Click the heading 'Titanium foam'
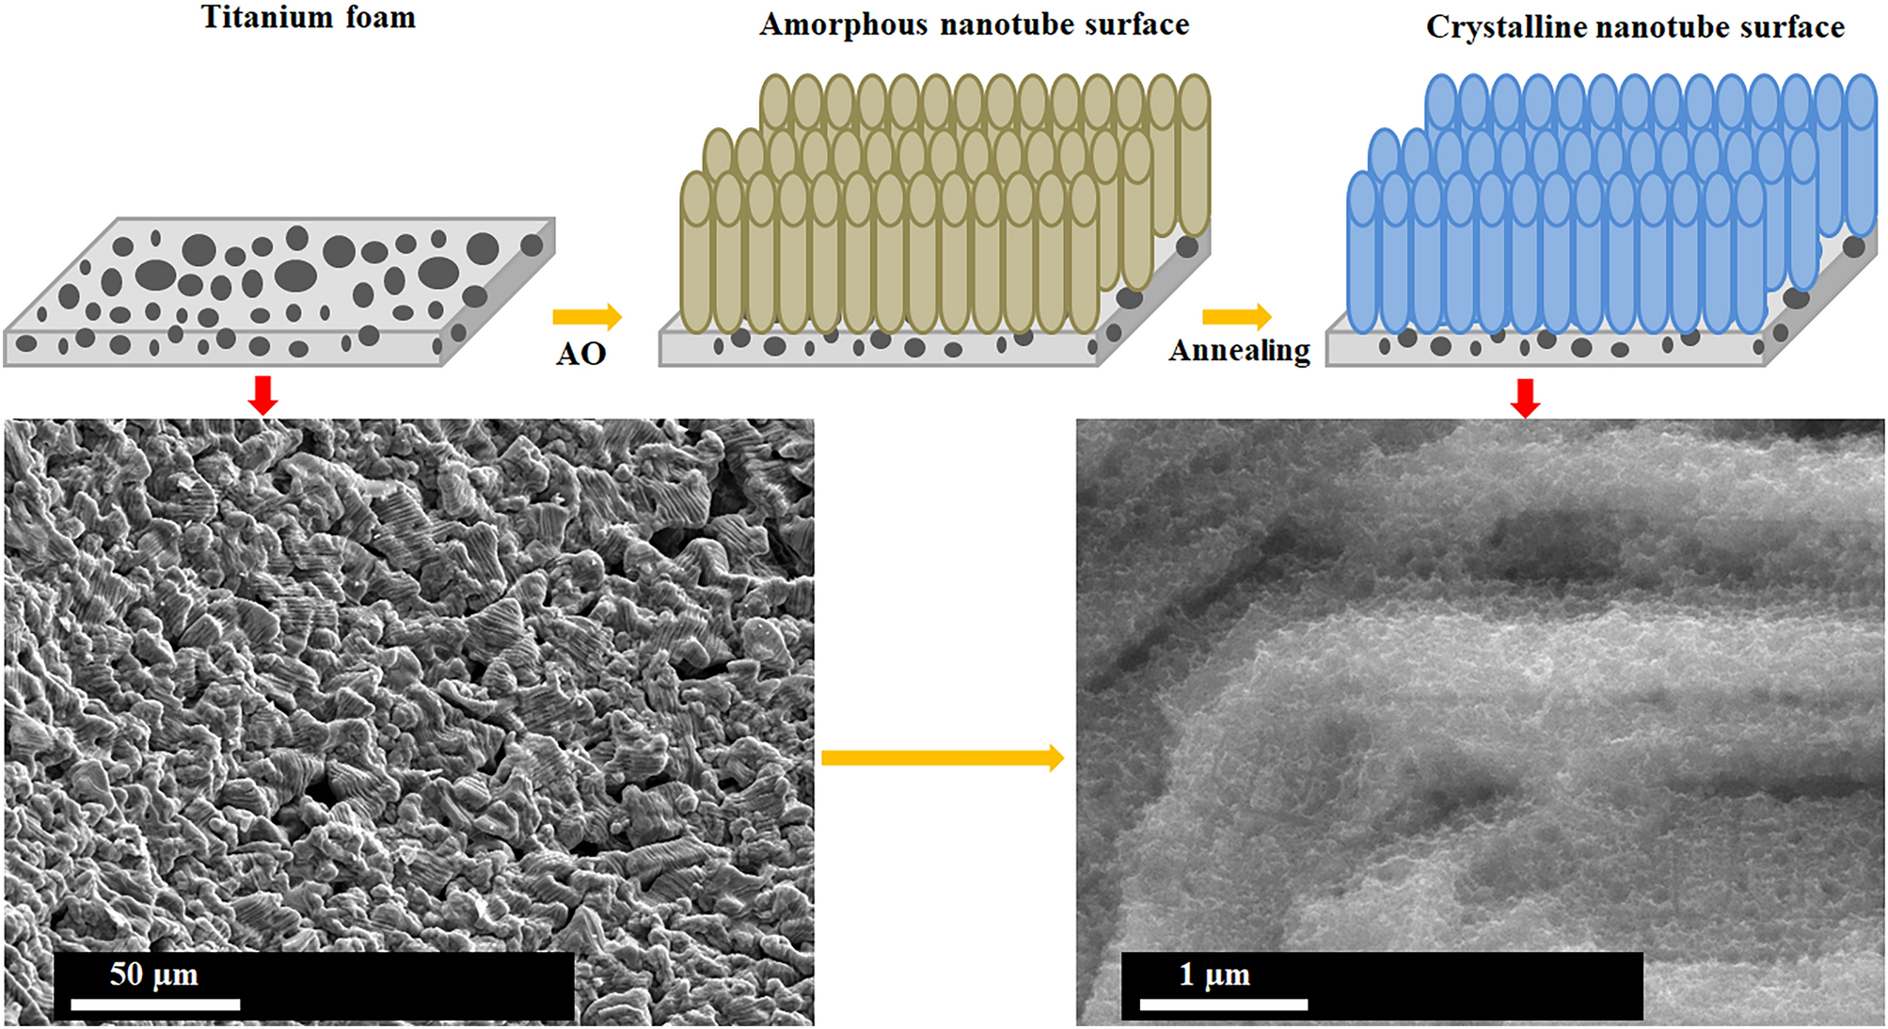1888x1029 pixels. click(309, 18)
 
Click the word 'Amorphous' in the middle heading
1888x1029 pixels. click(843, 24)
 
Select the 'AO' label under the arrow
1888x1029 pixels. click(580, 354)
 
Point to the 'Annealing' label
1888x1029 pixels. click(1239, 351)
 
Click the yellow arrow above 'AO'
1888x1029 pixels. click(587, 317)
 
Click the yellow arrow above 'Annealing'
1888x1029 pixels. click(1236, 317)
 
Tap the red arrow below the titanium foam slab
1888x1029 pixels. click(263, 395)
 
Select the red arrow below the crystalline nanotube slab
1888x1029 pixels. click(1525, 398)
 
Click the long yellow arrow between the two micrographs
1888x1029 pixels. click(942, 757)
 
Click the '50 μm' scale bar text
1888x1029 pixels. click(154, 974)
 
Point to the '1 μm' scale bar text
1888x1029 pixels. click(1214, 974)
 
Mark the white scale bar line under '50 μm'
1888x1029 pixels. click(155, 1005)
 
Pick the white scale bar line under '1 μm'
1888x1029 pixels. click(1223, 1005)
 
